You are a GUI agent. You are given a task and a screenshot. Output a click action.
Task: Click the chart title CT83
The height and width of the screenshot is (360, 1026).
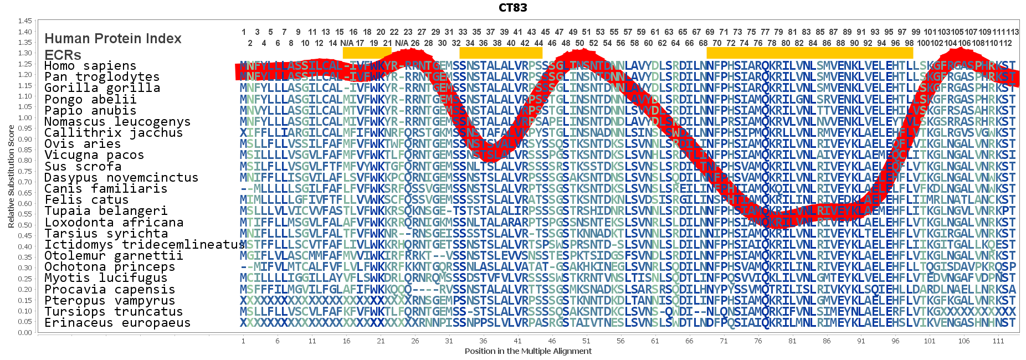tap(512, 8)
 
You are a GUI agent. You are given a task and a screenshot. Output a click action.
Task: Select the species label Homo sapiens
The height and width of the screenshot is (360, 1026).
tap(90, 66)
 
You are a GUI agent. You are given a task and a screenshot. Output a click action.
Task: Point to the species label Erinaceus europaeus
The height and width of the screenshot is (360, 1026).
tap(117, 323)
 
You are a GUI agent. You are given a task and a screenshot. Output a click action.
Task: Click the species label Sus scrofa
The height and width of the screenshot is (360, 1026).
tap(83, 166)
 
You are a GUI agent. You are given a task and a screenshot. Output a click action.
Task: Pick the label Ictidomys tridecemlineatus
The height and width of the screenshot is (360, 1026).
tap(145, 245)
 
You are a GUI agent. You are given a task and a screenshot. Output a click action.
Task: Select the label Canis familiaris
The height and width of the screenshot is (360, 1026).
tap(106, 189)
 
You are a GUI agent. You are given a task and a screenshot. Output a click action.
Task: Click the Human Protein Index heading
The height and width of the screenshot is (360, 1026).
tap(113, 38)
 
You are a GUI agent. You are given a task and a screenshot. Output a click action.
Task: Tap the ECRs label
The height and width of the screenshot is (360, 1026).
tap(63, 55)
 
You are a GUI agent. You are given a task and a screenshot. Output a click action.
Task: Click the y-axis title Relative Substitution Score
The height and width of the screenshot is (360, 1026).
tap(11, 176)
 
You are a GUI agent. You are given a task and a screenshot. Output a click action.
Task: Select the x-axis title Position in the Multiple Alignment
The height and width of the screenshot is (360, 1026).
tap(528, 351)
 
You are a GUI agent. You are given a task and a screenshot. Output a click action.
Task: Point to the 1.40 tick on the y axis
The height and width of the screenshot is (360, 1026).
tap(25, 32)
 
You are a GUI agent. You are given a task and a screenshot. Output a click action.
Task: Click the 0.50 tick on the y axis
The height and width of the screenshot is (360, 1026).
tap(25, 225)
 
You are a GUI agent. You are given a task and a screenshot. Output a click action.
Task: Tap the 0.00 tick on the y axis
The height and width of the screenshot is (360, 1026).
tap(25, 332)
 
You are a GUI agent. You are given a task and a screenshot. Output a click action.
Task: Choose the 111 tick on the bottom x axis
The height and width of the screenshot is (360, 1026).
tap(998, 341)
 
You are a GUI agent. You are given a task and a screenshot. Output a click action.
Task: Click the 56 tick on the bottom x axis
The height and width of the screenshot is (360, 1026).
tap(620, 341)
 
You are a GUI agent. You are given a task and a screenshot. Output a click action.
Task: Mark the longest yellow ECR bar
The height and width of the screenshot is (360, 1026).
tap(809, 53)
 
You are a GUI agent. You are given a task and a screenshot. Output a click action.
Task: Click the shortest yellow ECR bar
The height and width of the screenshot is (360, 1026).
tap(367, 53)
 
